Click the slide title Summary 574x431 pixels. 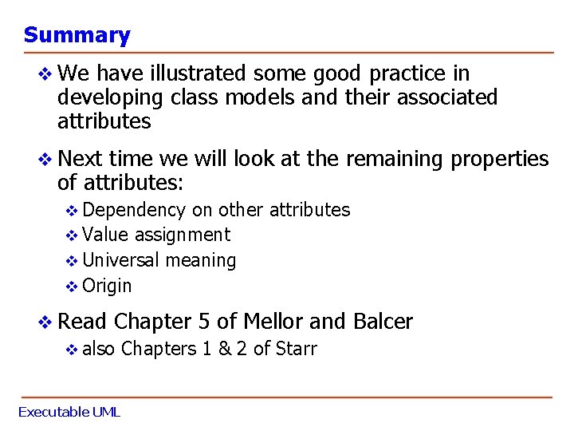[77, 35]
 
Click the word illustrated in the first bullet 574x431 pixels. [199, 74]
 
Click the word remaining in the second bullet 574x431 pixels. [395, 160]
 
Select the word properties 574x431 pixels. [500, 160]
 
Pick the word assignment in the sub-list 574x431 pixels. [183, 235]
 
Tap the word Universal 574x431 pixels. [120, 260]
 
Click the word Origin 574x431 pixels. [107, 286]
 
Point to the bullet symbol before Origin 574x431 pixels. [71, 287]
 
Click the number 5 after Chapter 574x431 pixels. [204, 322]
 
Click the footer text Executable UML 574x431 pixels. [69, 412]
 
